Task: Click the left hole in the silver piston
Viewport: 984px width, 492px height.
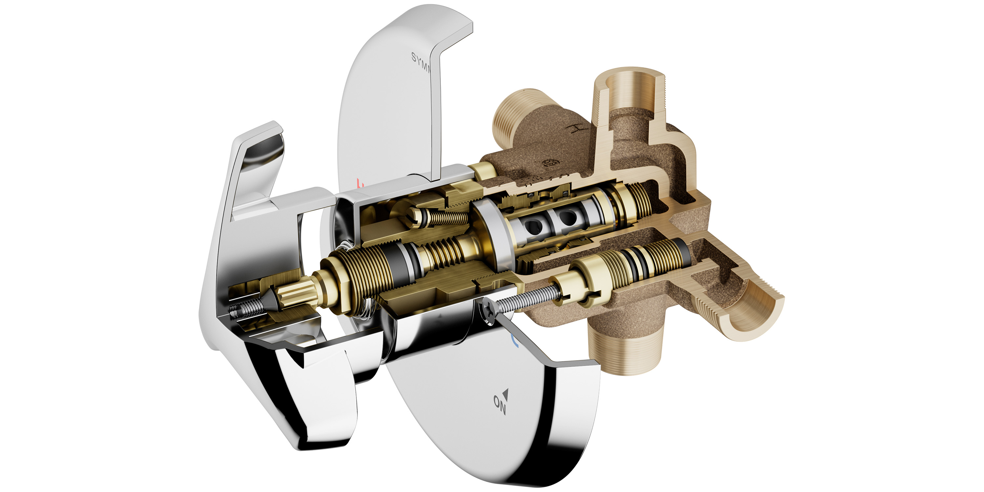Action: pos(532,226)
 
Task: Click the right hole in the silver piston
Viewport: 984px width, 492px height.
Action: pos(566,217)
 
